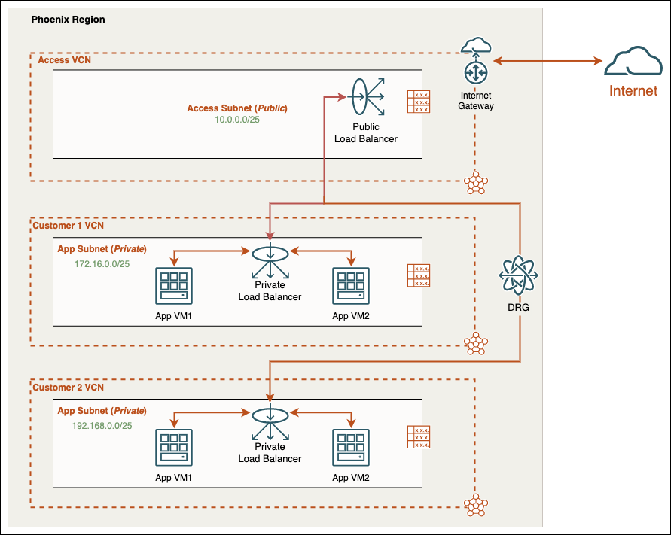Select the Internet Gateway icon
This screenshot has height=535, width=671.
pyautogui.click(x=476, y=71)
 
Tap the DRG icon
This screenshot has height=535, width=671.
pyautogui.click(x=520, y=276)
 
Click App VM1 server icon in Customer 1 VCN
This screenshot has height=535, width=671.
pyautogui.click(x=174, y=287)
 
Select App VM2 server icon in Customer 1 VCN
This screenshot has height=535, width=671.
pyautogui.click(x=351, y=287)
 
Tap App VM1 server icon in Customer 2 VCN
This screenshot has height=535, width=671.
pyautogui.click(x=174, y=448)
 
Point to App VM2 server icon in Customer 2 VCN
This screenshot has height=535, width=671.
pyautogui.click(x=351, y=448)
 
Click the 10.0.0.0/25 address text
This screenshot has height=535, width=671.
pyautogui.click(x=237, y=120)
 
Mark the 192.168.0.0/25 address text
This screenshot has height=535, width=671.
pyautogui.click(x=103, y=425)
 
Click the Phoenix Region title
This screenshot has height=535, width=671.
pyautogui.click(x=68, y=18)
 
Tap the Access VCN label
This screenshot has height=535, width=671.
pyautogui.click(x=64, y=59)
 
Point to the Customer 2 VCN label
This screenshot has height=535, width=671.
pyautogui.click(x=69, y=387)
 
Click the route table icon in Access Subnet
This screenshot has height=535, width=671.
pyautogui.click(x=419, y=102)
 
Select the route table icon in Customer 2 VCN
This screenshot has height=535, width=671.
pyautogui.click(x=419, y=437)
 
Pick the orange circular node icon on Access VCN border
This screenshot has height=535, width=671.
pyautogui.click(x=475, y=182)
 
